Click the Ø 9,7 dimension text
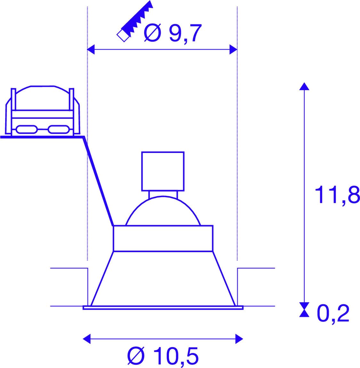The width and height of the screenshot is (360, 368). coord(173,33)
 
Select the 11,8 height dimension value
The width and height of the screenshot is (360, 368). coord(337,195)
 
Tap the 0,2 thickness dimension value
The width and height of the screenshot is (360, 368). coord(333,314)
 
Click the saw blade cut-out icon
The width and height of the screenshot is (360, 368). coord(135,21)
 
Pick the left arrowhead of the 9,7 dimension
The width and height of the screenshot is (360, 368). coord(91,50)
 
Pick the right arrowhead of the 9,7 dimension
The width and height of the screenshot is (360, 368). coord(234,50)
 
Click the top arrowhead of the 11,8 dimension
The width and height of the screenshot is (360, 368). coord(304,86)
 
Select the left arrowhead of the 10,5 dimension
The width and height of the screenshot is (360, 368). coord(87,339)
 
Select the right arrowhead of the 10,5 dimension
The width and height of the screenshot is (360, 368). coord(239,339)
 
